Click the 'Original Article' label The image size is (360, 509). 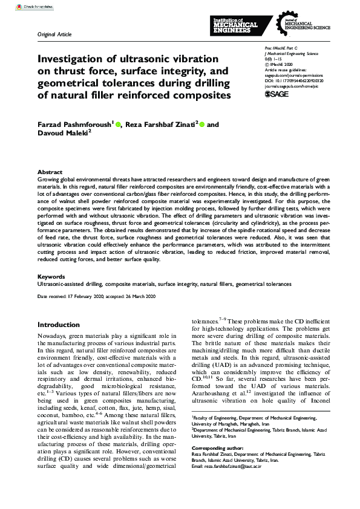(x=54, y=34)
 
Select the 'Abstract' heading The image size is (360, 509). (x=50, y=172)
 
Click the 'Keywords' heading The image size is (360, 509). (x=51, y=276)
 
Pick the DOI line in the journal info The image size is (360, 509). (x=294, y=79)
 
